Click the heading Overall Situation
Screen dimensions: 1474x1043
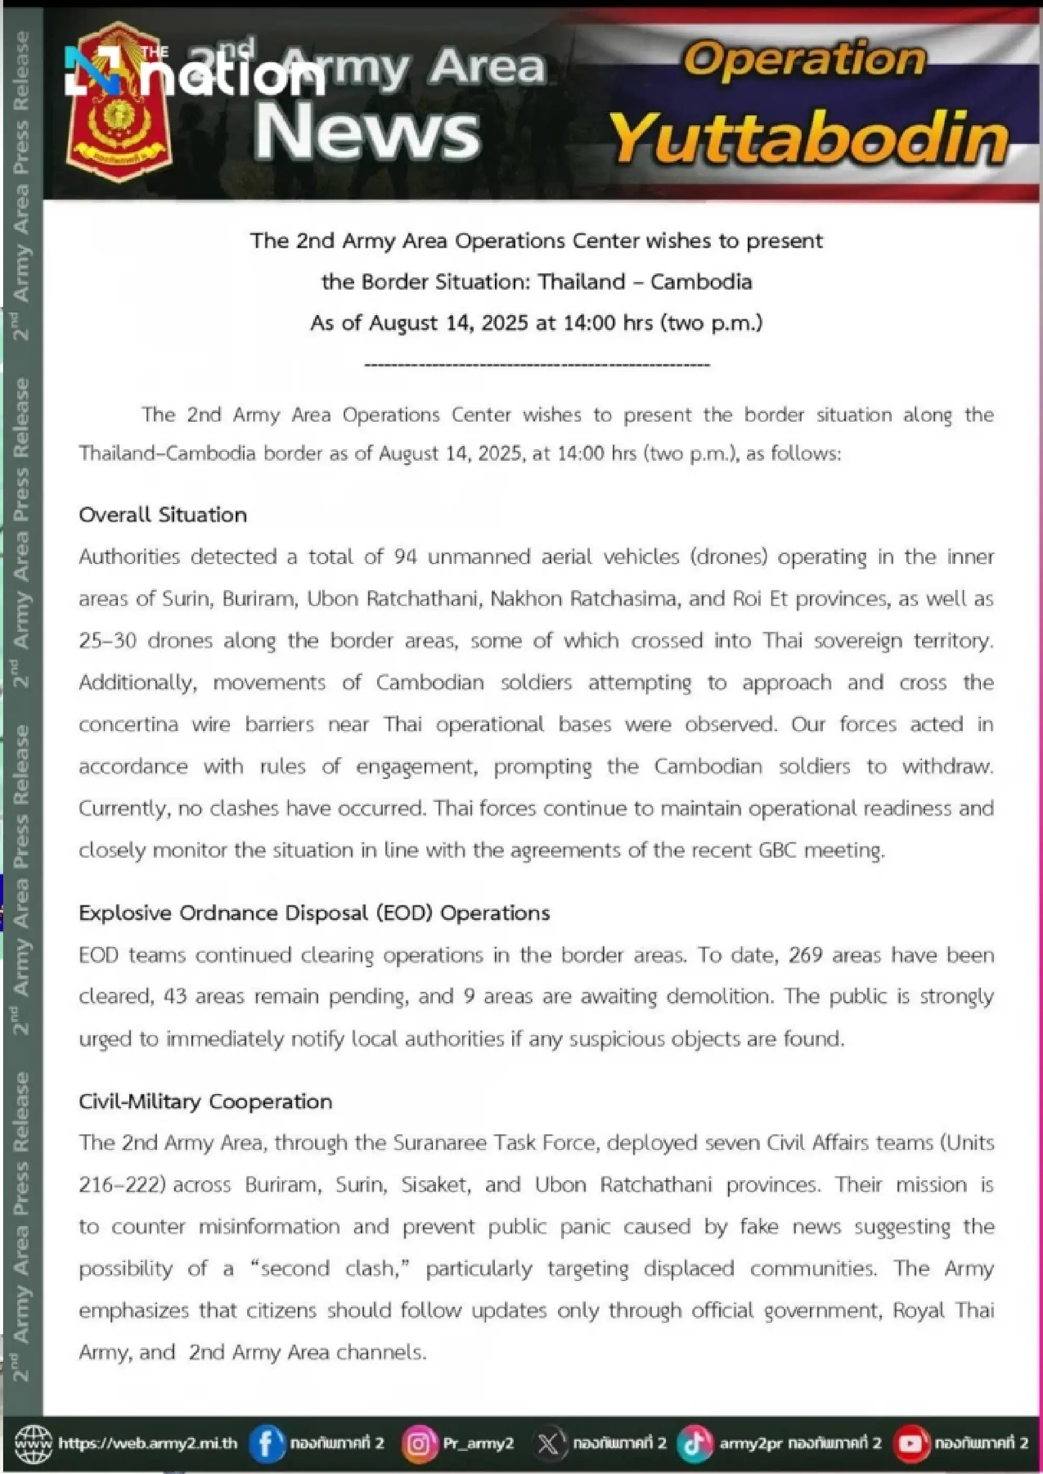(163, 514)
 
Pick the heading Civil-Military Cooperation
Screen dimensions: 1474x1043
(205, 1102)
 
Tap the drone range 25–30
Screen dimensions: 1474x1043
(107, 641)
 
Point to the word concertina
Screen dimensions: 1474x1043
(128, 724)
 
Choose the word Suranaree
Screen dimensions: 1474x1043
(440, 1143)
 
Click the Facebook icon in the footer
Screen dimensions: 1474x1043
(266, 1444)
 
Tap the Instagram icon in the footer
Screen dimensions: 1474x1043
(419, 1444)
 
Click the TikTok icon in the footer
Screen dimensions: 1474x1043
(694, 1444)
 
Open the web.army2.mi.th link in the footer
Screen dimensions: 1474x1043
(148, 1444)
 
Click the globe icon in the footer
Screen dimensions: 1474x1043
(33, 1444)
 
